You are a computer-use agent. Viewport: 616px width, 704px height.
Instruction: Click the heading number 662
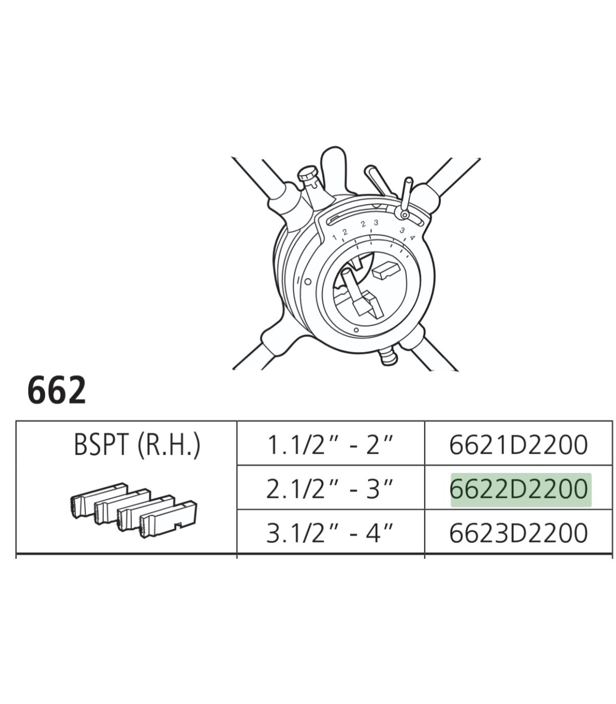click(56, 390)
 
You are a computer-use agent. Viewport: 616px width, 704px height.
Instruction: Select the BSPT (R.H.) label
click(137, 445)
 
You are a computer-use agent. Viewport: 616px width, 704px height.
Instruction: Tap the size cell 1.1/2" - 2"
click(330, 445)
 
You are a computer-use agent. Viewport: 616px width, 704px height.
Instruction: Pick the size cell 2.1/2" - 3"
click(330, 490)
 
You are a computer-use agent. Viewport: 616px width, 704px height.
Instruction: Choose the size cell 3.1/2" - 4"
click(330, 533)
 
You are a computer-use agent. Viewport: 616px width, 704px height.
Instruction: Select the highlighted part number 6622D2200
click(519, 490)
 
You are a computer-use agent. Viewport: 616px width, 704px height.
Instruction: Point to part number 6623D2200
click(518, 534)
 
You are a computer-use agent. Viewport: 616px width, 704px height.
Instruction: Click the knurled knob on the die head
click(307, 174)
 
